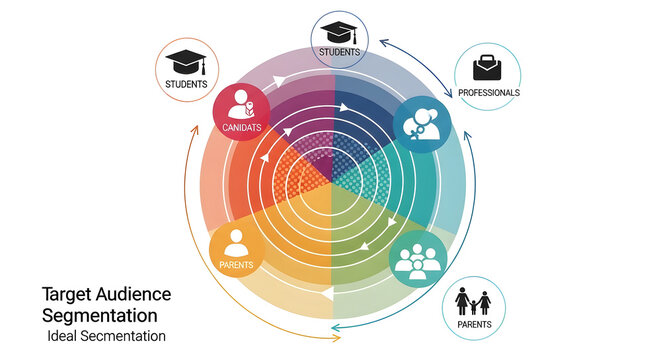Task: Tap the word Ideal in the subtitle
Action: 62,336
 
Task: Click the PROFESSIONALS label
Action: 488,92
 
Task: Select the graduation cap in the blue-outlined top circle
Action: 340,30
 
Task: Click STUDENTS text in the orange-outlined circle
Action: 186,84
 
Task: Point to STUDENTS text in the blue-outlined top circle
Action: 340,51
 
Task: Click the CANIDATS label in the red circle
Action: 241,127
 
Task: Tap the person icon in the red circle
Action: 241,104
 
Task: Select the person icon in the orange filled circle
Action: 236,241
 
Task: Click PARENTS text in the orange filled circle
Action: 236,265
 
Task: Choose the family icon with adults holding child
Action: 473,300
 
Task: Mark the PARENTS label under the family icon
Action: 473,323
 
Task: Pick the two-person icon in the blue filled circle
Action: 421,123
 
